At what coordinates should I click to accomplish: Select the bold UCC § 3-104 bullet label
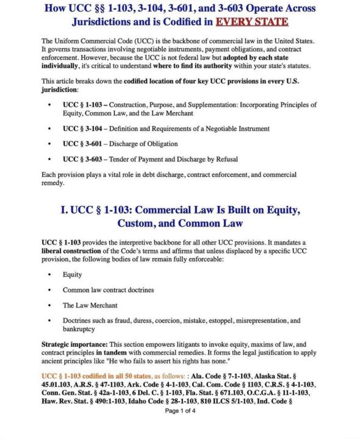[x=84, y=129]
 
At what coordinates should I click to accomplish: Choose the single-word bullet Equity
[x=73, y=274]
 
